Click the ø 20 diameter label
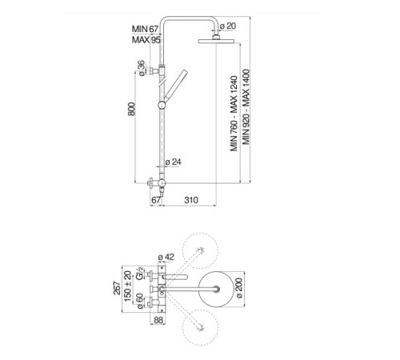[x=228, y=26]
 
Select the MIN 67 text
[x=146, y=29]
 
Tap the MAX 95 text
[x=146, y=40]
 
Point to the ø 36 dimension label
[x=142, y=68]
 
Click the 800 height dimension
[x=131, y=109]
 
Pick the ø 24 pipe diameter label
[x=174, y=162]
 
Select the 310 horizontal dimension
[x=191, y=200]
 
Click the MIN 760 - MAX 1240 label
[x=234, y=114]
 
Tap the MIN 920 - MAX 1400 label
[x=246, y=107]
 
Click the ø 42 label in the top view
[x=166, y=257]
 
